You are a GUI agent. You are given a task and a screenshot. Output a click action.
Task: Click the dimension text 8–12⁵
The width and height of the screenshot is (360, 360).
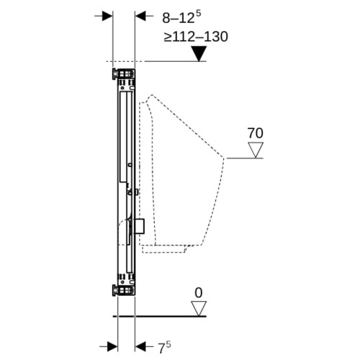181,17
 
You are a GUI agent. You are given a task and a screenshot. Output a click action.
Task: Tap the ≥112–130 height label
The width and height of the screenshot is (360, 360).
196,37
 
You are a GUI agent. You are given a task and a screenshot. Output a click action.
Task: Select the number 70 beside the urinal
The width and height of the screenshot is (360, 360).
255,133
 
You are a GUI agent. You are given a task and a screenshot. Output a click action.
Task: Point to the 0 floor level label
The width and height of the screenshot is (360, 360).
199,293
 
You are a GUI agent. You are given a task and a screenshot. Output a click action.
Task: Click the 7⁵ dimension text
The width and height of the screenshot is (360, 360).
164,347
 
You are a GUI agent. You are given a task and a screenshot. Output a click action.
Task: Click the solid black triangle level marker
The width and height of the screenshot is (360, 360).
199,54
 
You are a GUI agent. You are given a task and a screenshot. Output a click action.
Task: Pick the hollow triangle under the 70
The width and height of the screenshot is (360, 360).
256,150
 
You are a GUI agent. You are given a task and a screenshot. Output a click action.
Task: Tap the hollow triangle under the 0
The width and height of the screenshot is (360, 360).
199,309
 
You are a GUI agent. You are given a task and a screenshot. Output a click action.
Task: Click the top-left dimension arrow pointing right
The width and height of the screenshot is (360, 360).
104,16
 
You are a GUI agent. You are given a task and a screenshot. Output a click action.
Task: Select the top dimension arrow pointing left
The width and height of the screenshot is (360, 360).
144,16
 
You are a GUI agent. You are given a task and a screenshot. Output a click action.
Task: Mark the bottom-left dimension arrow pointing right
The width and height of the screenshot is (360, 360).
109,346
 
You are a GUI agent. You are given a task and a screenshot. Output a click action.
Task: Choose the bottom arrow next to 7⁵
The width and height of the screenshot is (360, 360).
144,346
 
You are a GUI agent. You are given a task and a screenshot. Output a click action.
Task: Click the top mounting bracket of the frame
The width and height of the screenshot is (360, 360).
123,73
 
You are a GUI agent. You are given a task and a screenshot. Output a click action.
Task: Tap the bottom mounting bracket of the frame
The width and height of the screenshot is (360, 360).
123,290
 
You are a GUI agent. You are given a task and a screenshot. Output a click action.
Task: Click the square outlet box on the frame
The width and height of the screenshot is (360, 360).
140,226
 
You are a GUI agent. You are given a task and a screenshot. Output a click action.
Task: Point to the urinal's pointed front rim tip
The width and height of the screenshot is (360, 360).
224,158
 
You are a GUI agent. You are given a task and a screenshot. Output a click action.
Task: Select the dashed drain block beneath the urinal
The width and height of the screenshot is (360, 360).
163,249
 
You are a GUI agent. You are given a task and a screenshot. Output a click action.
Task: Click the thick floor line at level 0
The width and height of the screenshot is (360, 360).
160,316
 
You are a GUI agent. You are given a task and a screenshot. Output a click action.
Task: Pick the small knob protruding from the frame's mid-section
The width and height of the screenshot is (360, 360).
137,192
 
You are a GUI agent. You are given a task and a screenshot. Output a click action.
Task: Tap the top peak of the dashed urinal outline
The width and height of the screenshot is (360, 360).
151,95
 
